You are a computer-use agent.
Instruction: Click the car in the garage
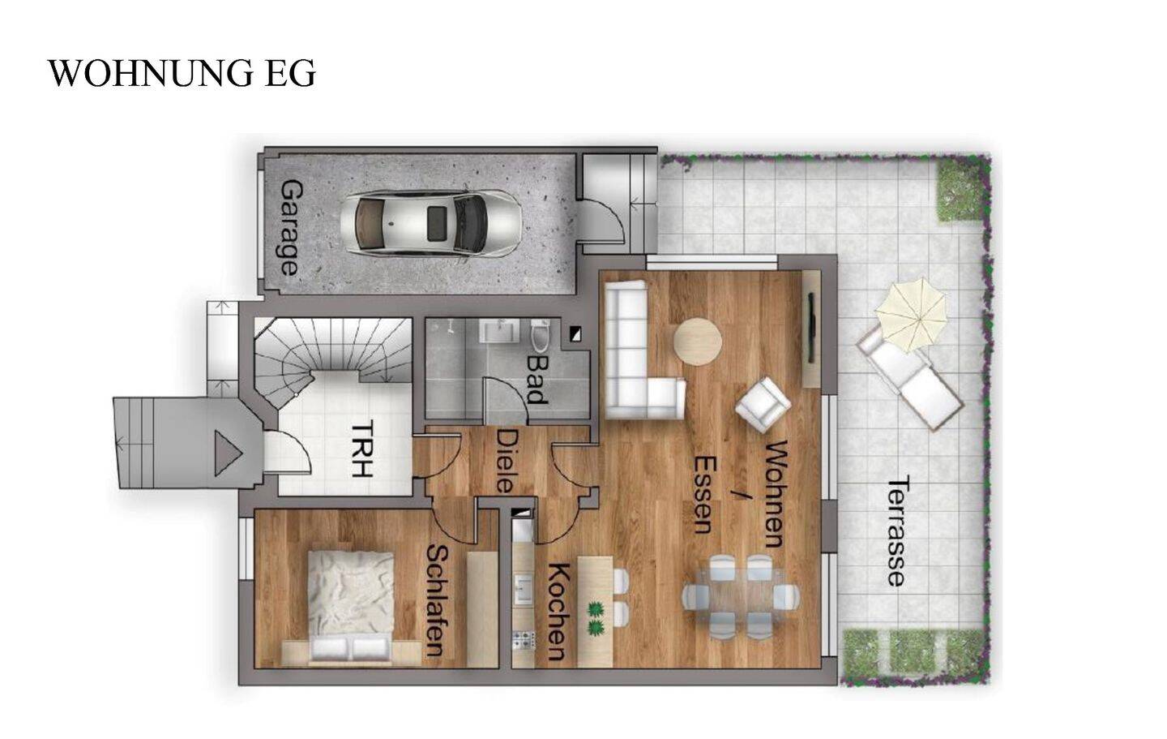click(430, 223)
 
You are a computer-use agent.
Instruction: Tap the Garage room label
click(290, 227)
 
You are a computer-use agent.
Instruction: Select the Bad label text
click(536, 380)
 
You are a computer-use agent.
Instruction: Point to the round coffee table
click(698, 342)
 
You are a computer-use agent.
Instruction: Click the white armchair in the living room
click(763, 405)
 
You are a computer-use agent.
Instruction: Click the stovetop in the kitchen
click(524, 640)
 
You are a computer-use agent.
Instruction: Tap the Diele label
click(504, 461)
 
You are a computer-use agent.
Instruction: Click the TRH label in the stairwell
click(362, 449)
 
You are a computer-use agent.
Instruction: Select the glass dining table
click(741, 596)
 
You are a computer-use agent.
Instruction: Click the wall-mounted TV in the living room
click(811, 328)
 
